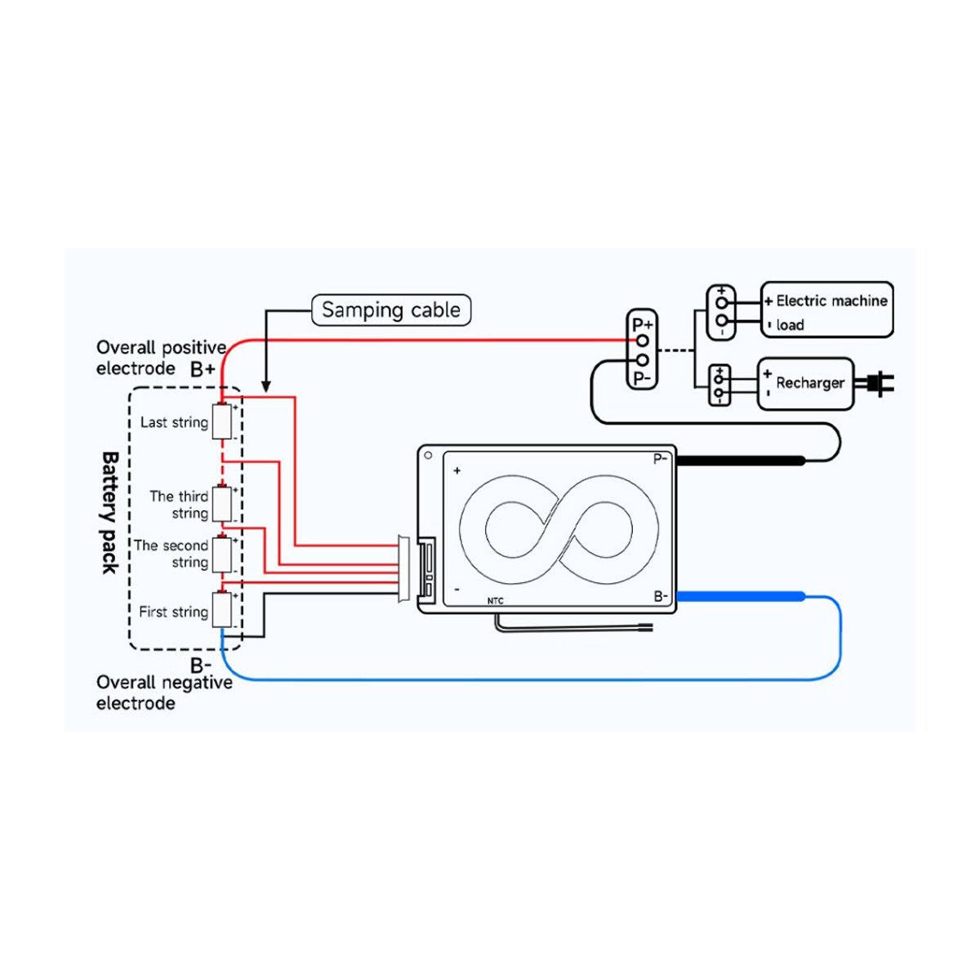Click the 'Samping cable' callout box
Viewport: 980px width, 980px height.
tap(391, 310)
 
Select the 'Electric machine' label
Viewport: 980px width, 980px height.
tap(831, 301)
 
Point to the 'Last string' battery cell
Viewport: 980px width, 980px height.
tap(222, 422)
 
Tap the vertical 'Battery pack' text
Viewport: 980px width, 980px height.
tap(109, 512)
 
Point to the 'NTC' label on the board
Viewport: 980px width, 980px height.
tap(496, 601)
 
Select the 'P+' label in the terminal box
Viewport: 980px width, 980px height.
tap(643, 324)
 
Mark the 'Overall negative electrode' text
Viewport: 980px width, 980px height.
tap(164, 693)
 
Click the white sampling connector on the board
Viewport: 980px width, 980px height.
tap(404, 569)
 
